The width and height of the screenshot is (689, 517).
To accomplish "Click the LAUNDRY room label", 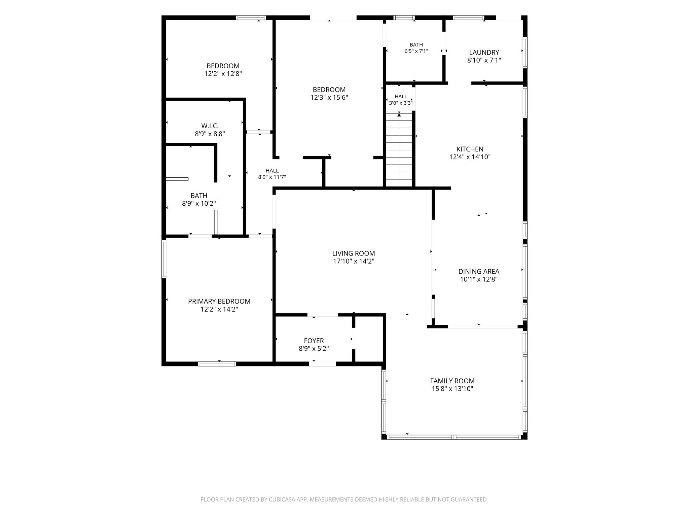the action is (x=484, y=53).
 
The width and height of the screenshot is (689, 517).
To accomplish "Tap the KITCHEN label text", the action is (x=470, y=149).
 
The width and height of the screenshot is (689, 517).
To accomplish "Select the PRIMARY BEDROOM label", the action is (x=219, y=301).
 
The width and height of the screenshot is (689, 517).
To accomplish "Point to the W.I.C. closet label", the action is (x=210, y=126).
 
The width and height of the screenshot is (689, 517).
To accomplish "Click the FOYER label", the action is (x=314, y=341).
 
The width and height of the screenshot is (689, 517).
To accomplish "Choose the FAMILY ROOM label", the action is (x=452, y=381).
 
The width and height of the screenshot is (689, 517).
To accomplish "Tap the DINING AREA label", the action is (x=479, y=271).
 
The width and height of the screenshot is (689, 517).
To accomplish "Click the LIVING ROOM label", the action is (x=354, y=253).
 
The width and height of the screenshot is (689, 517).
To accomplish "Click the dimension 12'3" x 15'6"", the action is (x=329, y=98).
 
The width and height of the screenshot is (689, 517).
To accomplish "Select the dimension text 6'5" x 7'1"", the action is (x=416, y=51).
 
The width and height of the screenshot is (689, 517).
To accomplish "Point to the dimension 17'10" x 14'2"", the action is (x=354, y=261).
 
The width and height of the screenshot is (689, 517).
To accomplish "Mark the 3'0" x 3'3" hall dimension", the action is (x=401, y=103).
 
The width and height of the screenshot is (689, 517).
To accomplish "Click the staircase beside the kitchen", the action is (x=399, y=150).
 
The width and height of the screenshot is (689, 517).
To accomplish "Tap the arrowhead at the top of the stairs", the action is (x=399, y=115).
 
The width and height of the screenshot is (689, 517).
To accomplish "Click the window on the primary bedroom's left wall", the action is (x=164, y=258).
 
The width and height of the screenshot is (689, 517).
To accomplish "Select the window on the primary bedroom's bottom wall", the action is (x=217, y=364).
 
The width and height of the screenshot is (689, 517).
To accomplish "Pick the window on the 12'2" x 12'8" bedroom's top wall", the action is (x=251, y=18).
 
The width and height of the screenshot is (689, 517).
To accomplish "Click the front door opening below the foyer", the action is (x=322, y=364).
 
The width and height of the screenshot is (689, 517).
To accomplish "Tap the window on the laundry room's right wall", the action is (x=525, y=53).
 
